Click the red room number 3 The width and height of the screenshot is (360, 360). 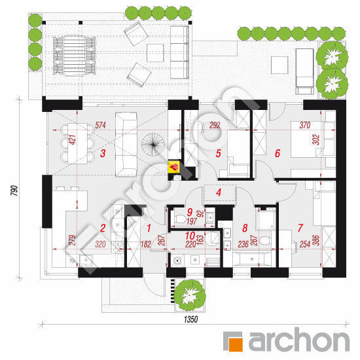(103, 153)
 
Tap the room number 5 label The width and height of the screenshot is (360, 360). (219, 153)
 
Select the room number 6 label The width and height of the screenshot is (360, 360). (278, 153)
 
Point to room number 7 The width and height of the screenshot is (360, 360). (300, 228)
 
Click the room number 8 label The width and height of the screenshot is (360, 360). (245, 228)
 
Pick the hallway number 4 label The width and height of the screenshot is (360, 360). (219, 192)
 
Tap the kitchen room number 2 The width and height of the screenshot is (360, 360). (103, 228)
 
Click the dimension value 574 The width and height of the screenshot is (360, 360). (101, 125)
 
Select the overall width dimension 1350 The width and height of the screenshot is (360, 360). (190, 319)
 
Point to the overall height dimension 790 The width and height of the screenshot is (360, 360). (14, 190)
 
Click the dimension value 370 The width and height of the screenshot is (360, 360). (305, 125)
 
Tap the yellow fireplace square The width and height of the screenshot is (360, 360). (174, 166)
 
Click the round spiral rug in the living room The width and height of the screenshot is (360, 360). (153, 145)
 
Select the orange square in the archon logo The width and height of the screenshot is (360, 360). (236, 344)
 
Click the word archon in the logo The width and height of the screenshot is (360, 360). (299, 340)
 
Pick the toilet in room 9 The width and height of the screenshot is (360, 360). (180, 219)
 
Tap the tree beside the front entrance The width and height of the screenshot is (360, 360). (189, 295)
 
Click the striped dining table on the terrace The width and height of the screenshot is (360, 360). (75, 56)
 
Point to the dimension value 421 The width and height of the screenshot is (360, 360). (72, 140)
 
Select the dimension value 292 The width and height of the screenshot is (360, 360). (215, 125)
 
